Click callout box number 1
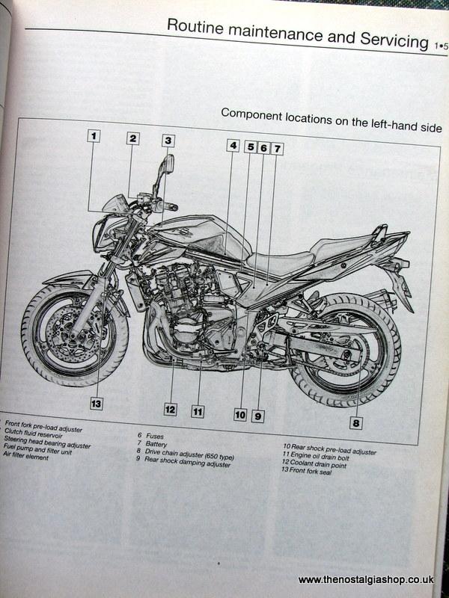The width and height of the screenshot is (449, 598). point(94,136)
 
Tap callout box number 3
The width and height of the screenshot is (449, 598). point(168,140)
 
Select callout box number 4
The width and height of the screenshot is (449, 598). point(233,146)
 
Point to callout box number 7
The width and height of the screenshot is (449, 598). point(277,148)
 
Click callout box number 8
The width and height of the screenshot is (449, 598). point(356,423)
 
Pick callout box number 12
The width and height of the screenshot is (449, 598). point(171,409)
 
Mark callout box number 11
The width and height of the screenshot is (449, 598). point(198,410)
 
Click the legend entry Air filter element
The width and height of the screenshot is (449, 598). point(26,457)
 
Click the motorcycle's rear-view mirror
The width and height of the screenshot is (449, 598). point(170,161)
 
